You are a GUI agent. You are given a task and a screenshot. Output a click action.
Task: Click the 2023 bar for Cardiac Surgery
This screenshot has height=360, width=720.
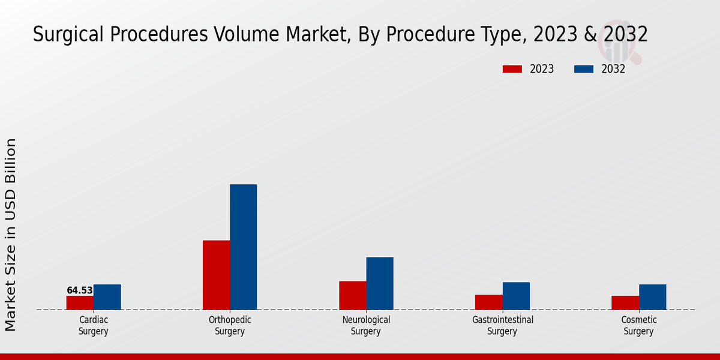tap(80, 303)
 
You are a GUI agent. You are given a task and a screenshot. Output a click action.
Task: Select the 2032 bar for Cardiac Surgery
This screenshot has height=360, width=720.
tap(107, 297)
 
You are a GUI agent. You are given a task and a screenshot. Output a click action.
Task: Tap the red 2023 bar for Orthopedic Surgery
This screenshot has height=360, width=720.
tap(216, 275)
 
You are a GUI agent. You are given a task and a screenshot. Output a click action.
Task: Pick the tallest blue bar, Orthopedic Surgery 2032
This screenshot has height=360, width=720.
tap(244, 247)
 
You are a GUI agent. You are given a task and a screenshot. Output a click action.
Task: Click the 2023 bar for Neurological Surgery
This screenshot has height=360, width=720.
tap(353, 295)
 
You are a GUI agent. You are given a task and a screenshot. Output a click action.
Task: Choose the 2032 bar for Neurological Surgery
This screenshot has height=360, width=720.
tap(380, 283)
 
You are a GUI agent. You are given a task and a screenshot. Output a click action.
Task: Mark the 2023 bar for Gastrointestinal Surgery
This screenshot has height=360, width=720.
tap(489, 302)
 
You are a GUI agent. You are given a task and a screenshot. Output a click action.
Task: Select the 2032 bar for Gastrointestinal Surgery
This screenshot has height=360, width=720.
tap(516, 296)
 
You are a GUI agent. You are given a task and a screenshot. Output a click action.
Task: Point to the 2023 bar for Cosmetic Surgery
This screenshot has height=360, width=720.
tap(625, 303)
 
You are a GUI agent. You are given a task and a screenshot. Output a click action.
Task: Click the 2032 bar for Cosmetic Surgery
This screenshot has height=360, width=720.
tap(652, 297)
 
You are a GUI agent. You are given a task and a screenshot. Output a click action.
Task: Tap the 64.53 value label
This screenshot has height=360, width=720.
tap(80, 290)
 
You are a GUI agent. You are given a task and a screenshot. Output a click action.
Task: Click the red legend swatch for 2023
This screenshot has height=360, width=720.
tap(512, 69)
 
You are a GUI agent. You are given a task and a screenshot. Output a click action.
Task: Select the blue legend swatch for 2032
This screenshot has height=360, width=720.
tap(584, 69)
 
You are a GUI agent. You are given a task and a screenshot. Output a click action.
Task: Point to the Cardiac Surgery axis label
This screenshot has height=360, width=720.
tap(94, 326)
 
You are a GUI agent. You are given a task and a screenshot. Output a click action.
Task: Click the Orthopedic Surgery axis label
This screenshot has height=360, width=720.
tap(230, 326)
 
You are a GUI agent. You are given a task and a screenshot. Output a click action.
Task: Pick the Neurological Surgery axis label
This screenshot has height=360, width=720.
tap(366, 326)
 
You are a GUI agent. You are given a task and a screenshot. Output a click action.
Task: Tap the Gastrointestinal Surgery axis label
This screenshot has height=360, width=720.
tap(503, 326)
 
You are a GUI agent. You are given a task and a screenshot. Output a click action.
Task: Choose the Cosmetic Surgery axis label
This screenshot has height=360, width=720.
tap(639, 326)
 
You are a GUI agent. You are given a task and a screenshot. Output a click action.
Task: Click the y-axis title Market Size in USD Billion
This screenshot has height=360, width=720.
tap(11, 234)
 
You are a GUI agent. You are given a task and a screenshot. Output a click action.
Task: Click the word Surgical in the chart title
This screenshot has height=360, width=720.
tap(64, 35)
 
